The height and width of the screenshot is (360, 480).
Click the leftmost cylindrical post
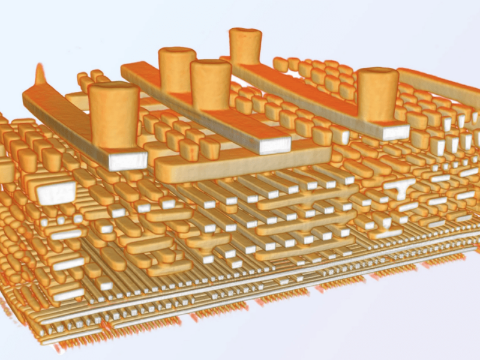(114, 117)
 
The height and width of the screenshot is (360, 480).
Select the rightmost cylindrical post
(378, 96)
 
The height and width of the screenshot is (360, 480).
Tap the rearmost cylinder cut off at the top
(245, 45)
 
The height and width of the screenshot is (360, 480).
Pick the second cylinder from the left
(177, 69)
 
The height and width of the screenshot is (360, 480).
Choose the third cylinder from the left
(211, 84)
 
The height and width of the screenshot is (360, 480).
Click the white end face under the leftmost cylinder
(127, 160)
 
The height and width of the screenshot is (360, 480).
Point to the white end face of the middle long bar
(273, 145)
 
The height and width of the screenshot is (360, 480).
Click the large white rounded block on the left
(56, 193)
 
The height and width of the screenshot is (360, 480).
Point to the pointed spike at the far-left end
(41, 74)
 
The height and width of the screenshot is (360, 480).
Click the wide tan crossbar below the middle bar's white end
(240, 165)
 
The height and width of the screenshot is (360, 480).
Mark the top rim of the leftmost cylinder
(114, 90)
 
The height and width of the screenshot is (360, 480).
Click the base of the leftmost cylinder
(114, 144)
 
